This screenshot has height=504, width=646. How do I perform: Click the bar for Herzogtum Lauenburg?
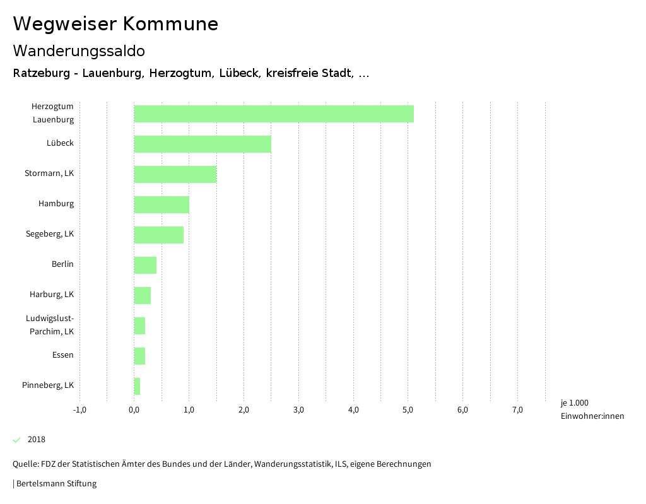pyautogui.click(x=274, y=114)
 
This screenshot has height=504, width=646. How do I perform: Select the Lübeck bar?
pyautogui.click(x=203, y=144)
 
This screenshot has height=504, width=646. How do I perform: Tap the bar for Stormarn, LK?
pyautogui.click(x=175, y=174)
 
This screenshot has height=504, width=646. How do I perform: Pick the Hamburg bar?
pyautogui.click(x=161, y=204)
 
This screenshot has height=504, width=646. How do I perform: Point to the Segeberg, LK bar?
pyautogui.click(x=159, y=235)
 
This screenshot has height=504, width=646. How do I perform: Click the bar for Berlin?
pyautogui.click(x=145, y=265)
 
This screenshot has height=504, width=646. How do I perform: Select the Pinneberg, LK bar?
pyautogui.click(x=137, y=386)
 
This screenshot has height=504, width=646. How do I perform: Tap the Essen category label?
pyautogui.click(x=63, y=355)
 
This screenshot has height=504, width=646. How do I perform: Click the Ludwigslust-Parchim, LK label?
pyautogui.click(x=50, y=324)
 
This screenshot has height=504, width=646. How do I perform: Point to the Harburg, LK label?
pyautogui.click(x=52, y=294)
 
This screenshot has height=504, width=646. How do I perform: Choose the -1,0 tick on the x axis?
pyautogui.click(x=79, y=410)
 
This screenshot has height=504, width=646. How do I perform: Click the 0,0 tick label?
pyautogui.click(x=134, y=410)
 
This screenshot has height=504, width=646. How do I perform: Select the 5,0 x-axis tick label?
pyautogui.click(x=408, y=410)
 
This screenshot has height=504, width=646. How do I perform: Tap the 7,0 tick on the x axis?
pyautogui.click(x=517, y=410)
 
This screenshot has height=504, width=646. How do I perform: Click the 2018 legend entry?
pyautogui.click(x=37, y=440)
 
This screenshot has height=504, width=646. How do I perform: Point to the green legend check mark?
pyautogui.click(x=17, y=440)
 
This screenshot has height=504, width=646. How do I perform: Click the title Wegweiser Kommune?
pyautogui.click(x=115, y=24)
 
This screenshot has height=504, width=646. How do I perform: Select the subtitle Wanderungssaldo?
pyautogui.click(x=79, y=50)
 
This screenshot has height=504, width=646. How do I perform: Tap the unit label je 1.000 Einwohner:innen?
pyautogui.click(x=592, y=409)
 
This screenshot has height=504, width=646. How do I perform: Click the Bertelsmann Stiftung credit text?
pyautogui.click(x=55, y=484)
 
